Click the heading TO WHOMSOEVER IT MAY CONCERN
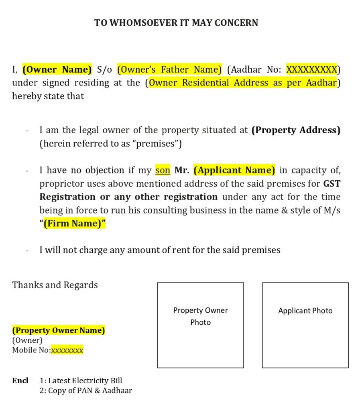176,23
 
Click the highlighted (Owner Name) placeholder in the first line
57,69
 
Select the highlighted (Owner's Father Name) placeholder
169,69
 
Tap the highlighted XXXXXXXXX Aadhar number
311,69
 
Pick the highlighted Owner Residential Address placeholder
242,83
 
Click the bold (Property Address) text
295,130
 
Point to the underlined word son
163,170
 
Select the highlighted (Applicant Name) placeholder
234,170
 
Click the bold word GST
332,183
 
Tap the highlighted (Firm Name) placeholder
74,224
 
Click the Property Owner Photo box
200,325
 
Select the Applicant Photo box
305,325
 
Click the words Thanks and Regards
55,285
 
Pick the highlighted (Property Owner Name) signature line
59,330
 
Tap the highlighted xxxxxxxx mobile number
67,350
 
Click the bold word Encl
20,380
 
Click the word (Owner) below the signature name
27,340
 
